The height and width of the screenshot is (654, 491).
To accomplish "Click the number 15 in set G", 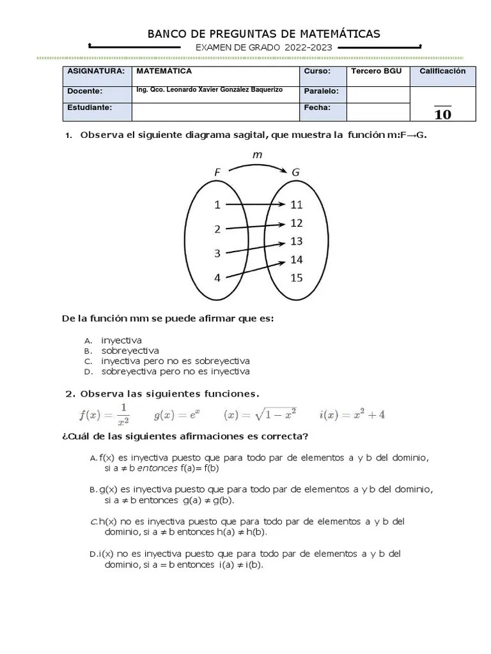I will [296, 278].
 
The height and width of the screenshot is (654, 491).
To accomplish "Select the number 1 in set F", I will [217, 205].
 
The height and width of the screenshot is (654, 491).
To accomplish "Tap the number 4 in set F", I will [217, 278].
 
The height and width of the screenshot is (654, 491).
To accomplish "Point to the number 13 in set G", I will [296, 241].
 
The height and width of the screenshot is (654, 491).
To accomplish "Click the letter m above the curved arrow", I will [258, 155].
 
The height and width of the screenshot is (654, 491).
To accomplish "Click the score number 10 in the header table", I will [442, 115].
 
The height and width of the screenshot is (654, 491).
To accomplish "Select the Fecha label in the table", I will [317, 107].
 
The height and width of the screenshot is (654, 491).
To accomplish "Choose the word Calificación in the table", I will [442, 72].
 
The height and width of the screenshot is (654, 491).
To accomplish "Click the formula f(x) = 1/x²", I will [104, 414].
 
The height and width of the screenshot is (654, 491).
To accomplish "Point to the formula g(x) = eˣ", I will [177, 414].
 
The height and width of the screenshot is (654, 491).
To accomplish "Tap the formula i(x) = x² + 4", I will [352, 414].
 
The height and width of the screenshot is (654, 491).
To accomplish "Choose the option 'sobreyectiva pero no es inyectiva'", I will [175, 371].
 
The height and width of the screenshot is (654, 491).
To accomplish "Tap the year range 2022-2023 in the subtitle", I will [309, 48].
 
